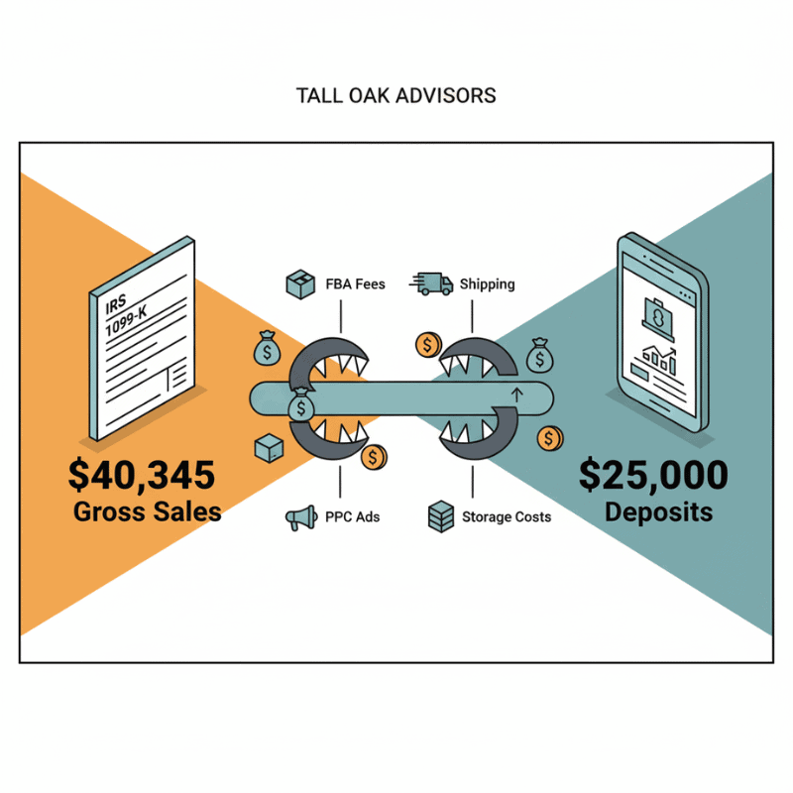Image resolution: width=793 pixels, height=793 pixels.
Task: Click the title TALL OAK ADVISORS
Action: [x=396, y=96]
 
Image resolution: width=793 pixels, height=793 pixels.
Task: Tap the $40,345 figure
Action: [x=141, y=476]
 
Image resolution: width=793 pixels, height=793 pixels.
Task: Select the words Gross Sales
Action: [x=147, y=512]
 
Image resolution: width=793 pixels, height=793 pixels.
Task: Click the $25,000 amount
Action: [x=652, y=476]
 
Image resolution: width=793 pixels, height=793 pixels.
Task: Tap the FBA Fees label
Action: [x=355, y=284]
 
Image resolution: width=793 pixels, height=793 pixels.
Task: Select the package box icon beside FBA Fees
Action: [x=300, y=285]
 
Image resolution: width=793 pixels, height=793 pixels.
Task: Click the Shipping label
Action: [x=487, y=284]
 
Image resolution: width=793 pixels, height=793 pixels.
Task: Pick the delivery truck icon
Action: [x=427, y=284]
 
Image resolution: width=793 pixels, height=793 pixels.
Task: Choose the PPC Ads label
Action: [x=352, y=516]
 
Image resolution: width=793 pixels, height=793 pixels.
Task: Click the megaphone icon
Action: [x=300, y=516]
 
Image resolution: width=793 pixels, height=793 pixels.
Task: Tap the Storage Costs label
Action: [x=506, y=516]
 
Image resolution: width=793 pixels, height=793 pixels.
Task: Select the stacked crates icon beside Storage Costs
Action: [x=440, y=516]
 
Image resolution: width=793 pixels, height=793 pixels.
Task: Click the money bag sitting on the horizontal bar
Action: [x=300, y=405]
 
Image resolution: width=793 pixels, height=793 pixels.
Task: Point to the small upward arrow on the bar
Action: [x=514, y=396]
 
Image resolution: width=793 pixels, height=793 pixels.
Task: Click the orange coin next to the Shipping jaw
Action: [x=428, y=345]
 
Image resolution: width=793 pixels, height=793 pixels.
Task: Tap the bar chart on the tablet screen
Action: [x=659, y=359]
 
